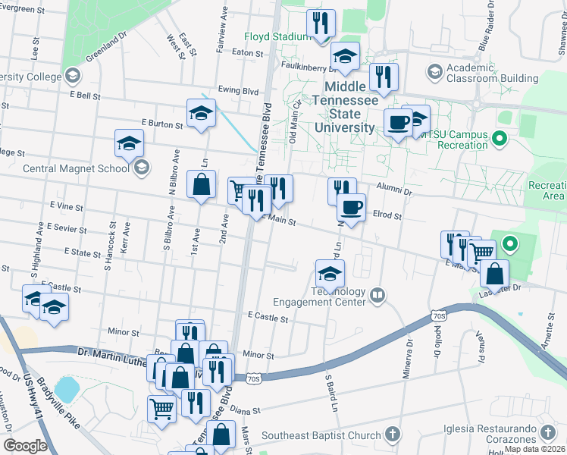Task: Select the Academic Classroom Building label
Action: point(492,73)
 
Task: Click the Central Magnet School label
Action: point(76,168)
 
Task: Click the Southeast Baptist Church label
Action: point(321,435)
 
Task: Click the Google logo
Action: point(25,445)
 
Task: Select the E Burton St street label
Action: point(162,122)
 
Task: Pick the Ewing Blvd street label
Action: point(237,89)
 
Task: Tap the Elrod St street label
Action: point(387,215)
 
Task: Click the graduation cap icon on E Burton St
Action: point(200,114)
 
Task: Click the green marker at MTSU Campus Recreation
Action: point(499,139)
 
